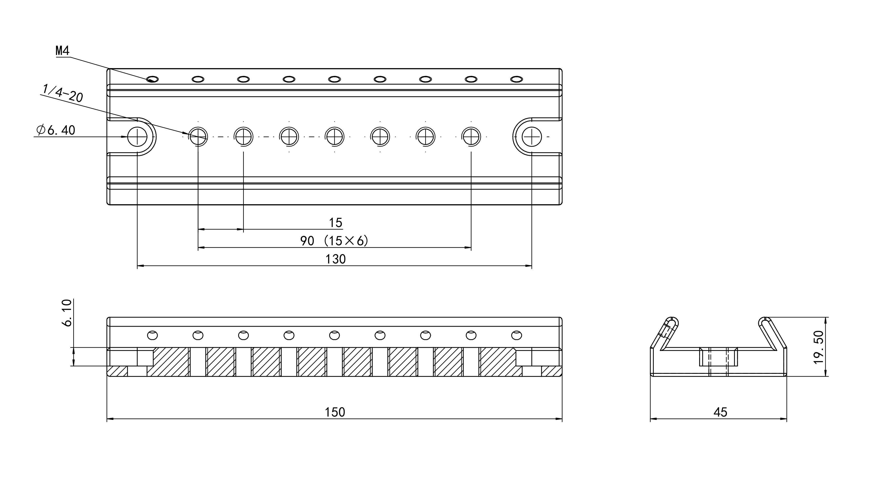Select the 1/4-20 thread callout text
[x=63, y=93]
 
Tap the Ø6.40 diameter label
[x=56, y=130]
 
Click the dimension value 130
[x=336, y=259]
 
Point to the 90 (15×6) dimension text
[x=334, y=241]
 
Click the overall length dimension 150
[x=335, y=412]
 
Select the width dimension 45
[x=720, y=412]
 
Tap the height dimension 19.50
[x=819, y=347]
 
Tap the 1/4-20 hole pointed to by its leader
[x=198, y=137]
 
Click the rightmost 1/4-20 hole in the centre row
[x=471, y=137]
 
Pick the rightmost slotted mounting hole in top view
[x=532, y=137]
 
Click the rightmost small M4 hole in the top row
[x=516, y=79]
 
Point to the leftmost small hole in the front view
[x=153, y=335]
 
